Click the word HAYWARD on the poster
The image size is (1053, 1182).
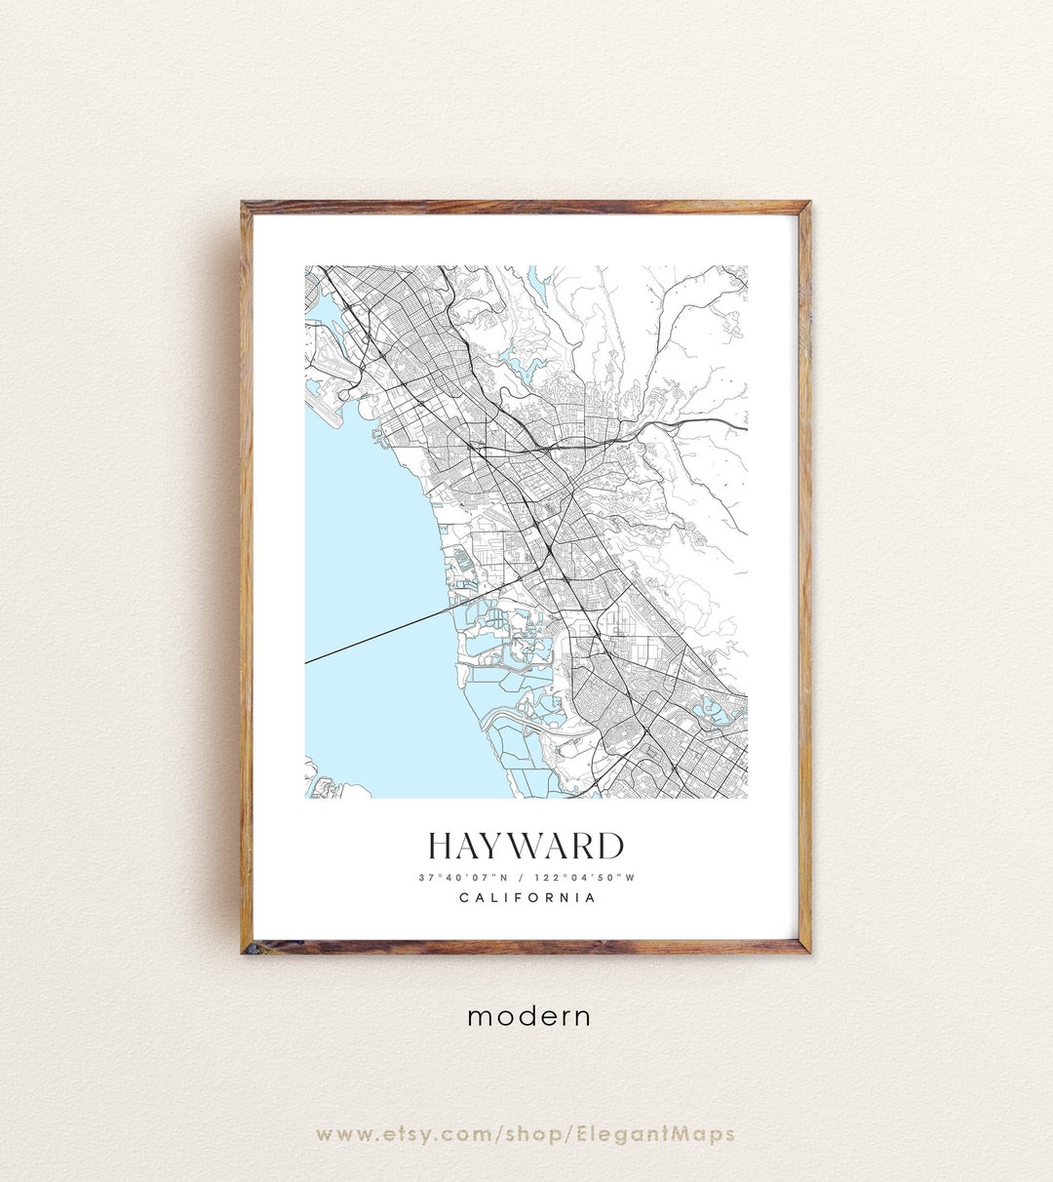tap(526, 846)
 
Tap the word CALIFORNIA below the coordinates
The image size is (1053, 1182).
tap(527, 897)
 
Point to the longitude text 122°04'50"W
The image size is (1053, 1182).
tap(584, 877)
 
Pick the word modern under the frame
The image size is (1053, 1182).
tap(528, 1016)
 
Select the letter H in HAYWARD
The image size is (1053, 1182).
tap(442, 846)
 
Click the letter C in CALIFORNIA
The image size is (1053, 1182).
tap(464, 897)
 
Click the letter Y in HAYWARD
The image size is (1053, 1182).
tap(498, 846)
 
